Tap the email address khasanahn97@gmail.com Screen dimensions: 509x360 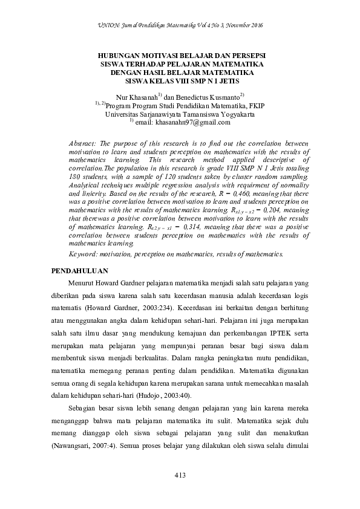coord(192,122)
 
